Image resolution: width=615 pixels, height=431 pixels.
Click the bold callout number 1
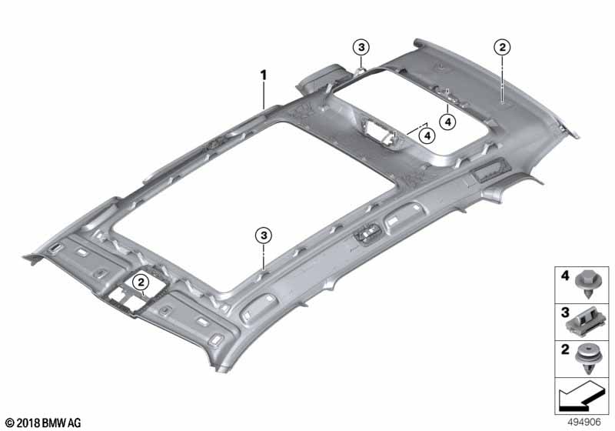click(x=263, y=75)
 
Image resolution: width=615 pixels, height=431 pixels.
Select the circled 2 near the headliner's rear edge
click(x=501, y=48)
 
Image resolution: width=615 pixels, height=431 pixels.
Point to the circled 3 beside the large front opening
click(x=264, y=234)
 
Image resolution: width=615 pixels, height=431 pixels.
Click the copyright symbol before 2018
click(x=10, y=423)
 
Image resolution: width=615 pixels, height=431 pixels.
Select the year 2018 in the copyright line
click(x=29, y=423)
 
